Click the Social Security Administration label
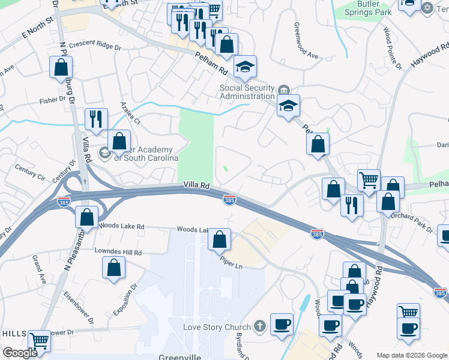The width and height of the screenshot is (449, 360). (247, 92)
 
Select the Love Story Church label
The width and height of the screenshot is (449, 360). (218, 328)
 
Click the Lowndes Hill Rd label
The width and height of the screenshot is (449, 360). (118, 253)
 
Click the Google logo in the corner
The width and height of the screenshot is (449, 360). (20, 353)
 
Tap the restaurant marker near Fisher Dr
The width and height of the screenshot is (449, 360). (95, 119)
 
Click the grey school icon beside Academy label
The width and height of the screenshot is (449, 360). (104, 152)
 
